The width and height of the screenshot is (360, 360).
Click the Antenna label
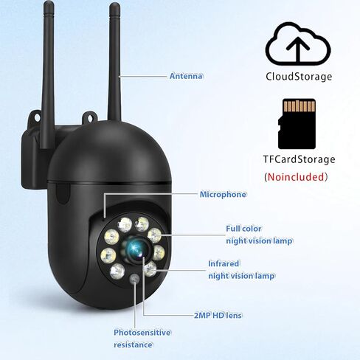pyautogui.click(x=187, y=76)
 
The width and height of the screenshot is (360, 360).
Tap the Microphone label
pyautogui.click(x=223, y=194)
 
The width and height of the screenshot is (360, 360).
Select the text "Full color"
pyautogui.click(x=243, y=229)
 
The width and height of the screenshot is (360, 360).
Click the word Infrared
pyautogui.click(x=224, y=263)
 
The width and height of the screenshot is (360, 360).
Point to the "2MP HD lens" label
pyautogui.click(x=218, y=315)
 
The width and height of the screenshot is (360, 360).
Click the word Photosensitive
pyautogui.click(x=142, y=333)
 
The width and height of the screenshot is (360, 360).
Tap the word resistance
pyautogui.click(x=133, y=345)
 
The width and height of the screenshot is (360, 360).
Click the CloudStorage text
pyautogui.click(x=299, y=77)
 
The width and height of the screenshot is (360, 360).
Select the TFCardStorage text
pyautogui.click(x=299, y=159)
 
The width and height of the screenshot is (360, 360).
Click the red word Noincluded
pyautogui.click(x=296, y=177)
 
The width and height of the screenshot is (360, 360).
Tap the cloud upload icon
pyautogui.click(x=298, y=44)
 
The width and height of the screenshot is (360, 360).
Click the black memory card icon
pyautogui.click(x=297, y=124)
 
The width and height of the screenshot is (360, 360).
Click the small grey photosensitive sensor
pyautogui.click(x=134, y=279)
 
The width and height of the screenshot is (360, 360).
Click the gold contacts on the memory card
pyautogui.click(x=299, y=106)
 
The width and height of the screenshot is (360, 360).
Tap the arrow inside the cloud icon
pyautogui.click(x=298, y=49)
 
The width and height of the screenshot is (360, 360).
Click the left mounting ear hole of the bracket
pyautogui.click(x=37, y=117)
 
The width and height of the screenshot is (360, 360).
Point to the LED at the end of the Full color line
pyautogui.click(x=154, y=235)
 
